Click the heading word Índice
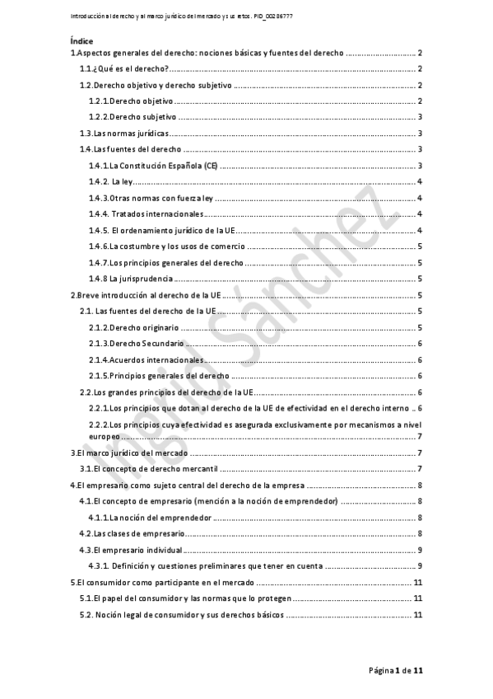[81, 40]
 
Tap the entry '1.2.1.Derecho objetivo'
[132, 101]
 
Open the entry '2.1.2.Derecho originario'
[133, 327]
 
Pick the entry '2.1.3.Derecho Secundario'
[135, 343]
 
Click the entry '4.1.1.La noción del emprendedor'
[150, 518]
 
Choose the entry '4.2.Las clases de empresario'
[132, 533]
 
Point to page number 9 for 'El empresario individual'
[420, 550]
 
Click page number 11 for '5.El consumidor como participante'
[417, 583]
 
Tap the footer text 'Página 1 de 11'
[395, 671]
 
